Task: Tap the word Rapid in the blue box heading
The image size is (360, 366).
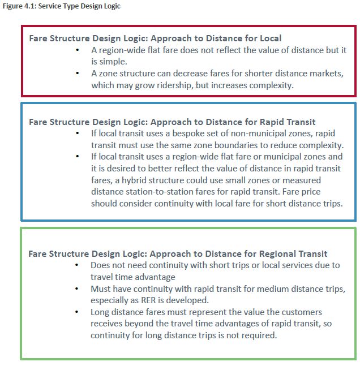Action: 260,122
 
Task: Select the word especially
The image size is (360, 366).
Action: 112,300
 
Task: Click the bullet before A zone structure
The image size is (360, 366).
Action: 77,74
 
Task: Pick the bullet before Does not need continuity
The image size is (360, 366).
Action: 77,265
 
